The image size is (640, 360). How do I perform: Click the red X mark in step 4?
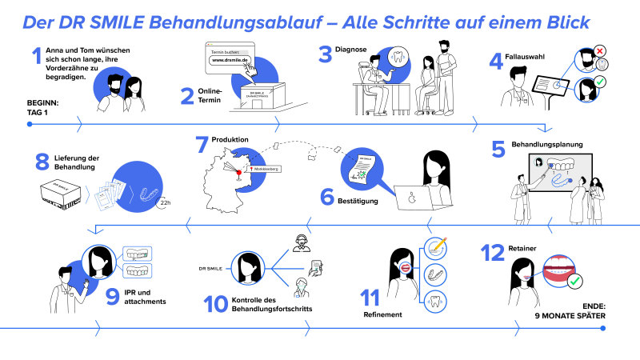[600, 50]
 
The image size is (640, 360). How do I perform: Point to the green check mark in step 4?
[601, 80]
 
